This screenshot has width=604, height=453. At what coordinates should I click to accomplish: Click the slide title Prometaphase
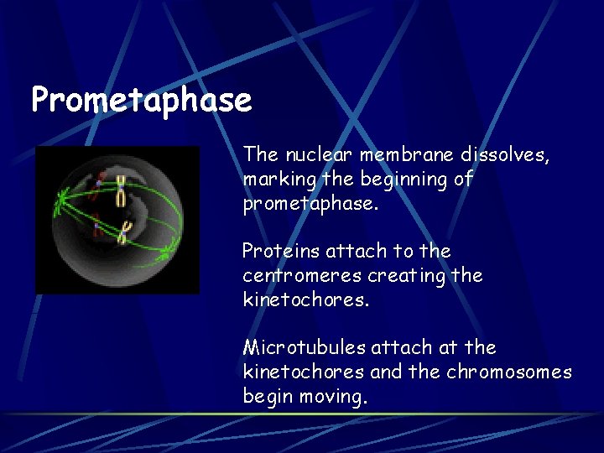(141, 100)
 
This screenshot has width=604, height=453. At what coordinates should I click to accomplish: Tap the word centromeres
(292, 275)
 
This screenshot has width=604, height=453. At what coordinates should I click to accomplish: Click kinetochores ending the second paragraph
(305, 299)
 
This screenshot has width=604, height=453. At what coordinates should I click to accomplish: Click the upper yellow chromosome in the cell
(121, 190)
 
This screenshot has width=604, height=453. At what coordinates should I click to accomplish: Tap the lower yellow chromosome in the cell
(125, 232)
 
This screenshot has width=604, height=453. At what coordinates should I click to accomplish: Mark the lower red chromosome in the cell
(98, 225)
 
